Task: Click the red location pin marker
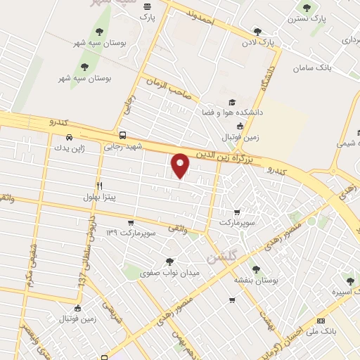181,165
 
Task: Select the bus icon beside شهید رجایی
123,134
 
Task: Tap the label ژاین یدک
68,148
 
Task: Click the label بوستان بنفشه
257,280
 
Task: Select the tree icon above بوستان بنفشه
255,268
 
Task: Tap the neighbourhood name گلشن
221,256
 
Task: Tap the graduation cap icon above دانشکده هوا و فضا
233,101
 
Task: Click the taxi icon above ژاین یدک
69,137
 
